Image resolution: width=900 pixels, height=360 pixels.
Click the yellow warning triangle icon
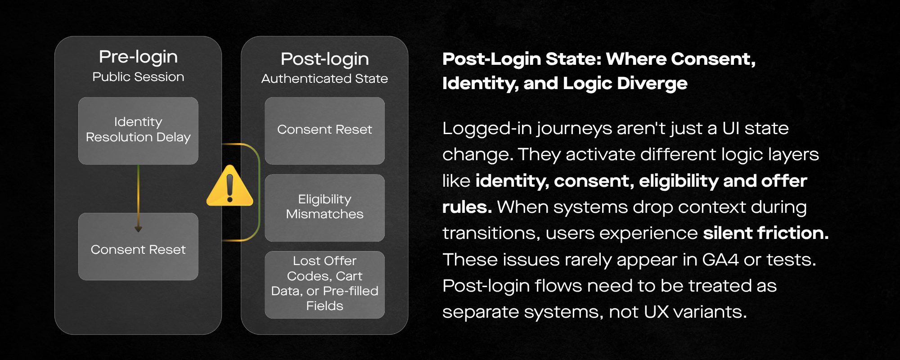click(229, 186)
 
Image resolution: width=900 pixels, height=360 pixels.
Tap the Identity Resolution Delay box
click(138, 130)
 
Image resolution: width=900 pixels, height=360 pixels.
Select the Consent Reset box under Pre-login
click(138, 247)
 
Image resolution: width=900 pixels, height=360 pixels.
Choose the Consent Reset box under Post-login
click(324, 130)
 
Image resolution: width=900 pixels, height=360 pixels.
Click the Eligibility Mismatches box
click(324, 207)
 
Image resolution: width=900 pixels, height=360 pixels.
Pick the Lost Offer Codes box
click(324, 284)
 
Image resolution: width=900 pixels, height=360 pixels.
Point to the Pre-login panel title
click(138, 57)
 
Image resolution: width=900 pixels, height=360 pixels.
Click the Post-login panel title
click(324, 59)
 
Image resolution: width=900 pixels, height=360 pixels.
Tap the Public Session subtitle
click(138, 77)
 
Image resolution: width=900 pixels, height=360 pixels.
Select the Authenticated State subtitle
click(324, 79)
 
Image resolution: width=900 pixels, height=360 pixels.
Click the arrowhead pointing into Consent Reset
click(138, 229)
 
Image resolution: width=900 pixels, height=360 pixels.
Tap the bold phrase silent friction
click(765, 233)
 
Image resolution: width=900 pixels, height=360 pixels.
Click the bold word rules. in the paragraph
click(467, 207)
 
